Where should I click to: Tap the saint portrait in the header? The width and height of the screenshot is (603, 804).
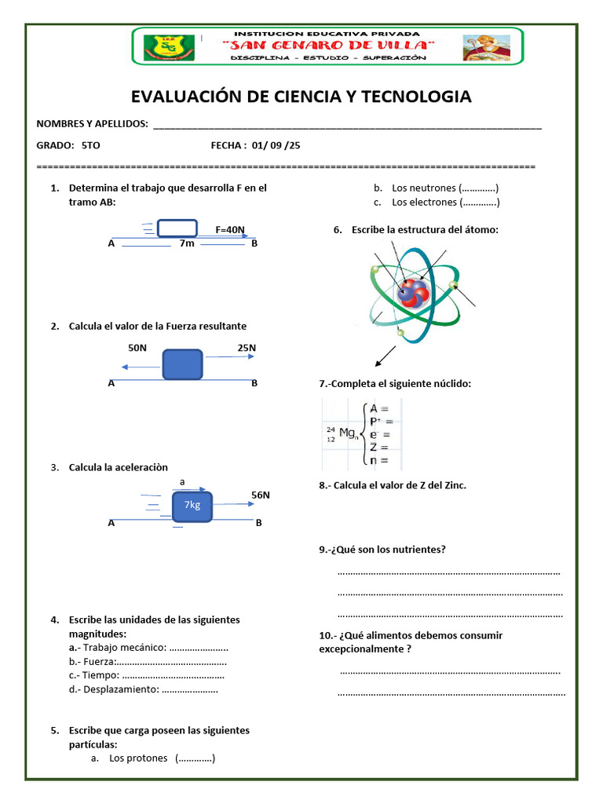(486, 48)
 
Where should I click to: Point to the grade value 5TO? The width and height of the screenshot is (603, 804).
(90, 145)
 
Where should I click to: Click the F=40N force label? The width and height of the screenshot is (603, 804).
(230, 230)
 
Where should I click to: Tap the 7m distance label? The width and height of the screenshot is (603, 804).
(186, 243)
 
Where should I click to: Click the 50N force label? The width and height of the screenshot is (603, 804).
(137, 347)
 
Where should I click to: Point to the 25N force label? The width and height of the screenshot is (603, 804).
(247, 347)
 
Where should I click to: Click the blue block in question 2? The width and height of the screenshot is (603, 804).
(183, 364)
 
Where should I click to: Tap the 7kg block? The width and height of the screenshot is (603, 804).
(192, 505)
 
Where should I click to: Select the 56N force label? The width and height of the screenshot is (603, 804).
(261, 495)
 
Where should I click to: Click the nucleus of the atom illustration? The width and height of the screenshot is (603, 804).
(411, 292)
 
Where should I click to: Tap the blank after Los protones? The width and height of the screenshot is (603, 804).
(196, 758)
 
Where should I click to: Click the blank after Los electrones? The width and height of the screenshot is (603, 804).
(480, 203)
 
